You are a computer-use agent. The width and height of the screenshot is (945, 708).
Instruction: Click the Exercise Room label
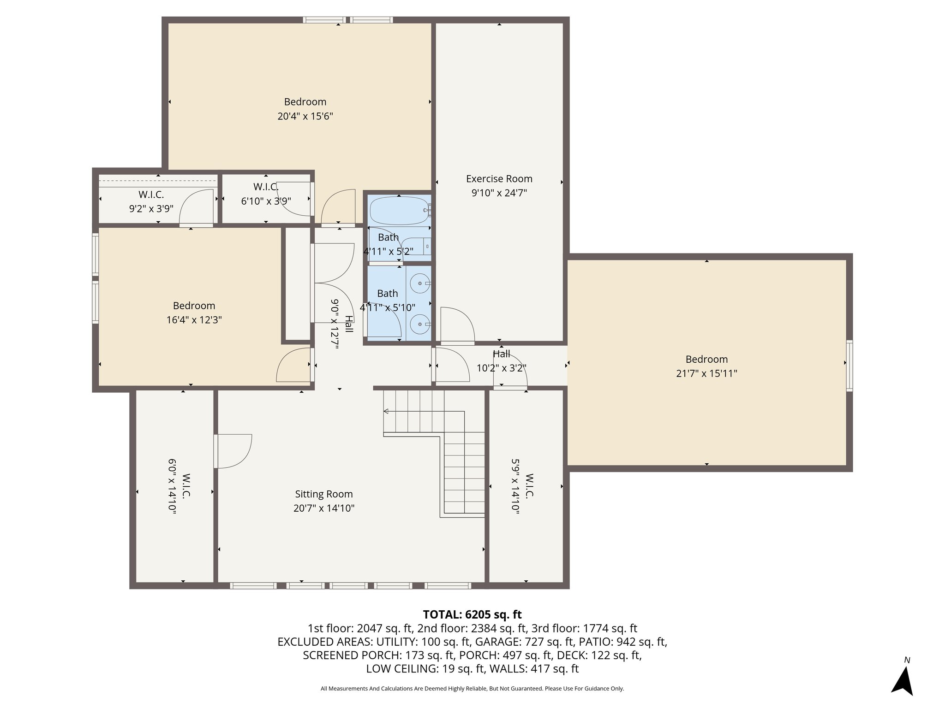[x=499, y=179]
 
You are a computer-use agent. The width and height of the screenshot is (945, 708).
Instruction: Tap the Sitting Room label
[x=324, y=494]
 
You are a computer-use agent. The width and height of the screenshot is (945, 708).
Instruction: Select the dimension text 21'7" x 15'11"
[x=706, y=373]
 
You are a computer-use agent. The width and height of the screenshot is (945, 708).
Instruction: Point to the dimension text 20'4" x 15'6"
[x=305, y=116]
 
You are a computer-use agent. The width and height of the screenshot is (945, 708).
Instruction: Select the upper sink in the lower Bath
[x=420, y=283]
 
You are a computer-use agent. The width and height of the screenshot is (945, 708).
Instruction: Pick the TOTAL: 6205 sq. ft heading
[x=472, y=614]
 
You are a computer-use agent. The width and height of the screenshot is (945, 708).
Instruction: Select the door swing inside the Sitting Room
[x=233, y=451]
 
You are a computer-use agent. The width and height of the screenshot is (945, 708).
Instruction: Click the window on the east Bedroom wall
[x=849, y=366]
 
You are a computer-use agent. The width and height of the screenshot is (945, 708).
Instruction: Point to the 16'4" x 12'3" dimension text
[x=194, y=320]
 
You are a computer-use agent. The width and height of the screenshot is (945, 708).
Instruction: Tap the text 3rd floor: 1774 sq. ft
[x=584, y=628]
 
